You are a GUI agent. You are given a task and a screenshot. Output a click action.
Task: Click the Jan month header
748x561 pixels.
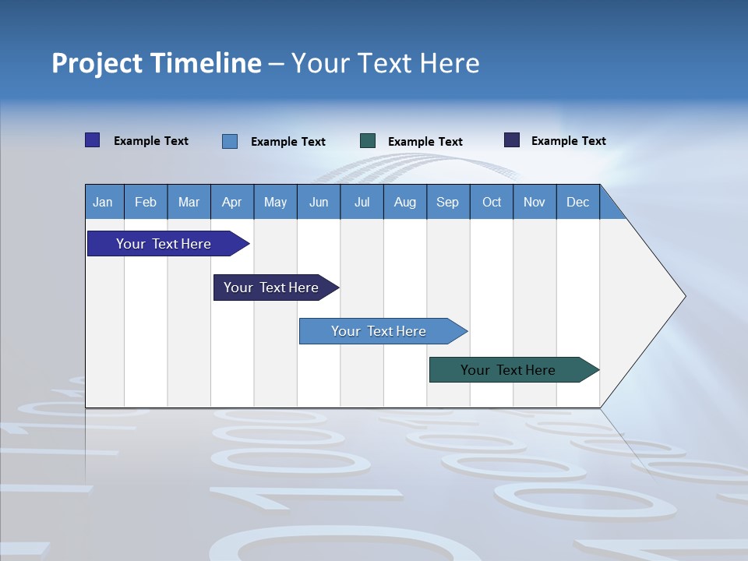[x=103, y=202]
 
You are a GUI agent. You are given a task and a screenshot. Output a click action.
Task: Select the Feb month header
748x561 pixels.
[x=146, y=202]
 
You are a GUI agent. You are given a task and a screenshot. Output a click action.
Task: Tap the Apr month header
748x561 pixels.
[x=231, y=202]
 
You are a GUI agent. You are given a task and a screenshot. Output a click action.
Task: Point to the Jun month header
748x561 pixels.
[x=319, y=202]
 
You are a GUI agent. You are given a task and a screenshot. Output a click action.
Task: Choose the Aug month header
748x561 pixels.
[x=404, y=202]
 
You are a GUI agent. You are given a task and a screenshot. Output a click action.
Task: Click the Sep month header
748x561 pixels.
[x=447, y=202]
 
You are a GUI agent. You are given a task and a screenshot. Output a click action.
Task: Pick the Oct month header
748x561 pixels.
[x=492, y=202]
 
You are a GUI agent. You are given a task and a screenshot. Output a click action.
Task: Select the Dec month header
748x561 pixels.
[x=577, y=202]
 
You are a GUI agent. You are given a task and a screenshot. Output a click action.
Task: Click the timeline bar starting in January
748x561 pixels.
[x=164, y=244]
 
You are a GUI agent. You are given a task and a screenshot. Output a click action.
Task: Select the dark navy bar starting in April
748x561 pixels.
[x=271, y=288]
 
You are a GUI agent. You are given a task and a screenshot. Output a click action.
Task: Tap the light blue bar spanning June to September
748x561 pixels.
[x=379, y=331]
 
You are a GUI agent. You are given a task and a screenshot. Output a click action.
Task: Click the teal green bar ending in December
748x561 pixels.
[x=508, y=370]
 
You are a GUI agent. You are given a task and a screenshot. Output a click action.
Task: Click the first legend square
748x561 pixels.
[x=93, y=140]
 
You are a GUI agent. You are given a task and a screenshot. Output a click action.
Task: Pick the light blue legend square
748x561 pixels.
[x=230, y=141]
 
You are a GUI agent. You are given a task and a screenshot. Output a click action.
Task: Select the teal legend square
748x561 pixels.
[x=368, y=140]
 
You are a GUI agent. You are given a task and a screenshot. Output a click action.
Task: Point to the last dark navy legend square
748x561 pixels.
[x=512, y=140]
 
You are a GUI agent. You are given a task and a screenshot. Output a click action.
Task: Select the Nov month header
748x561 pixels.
[x=535, y=202]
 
